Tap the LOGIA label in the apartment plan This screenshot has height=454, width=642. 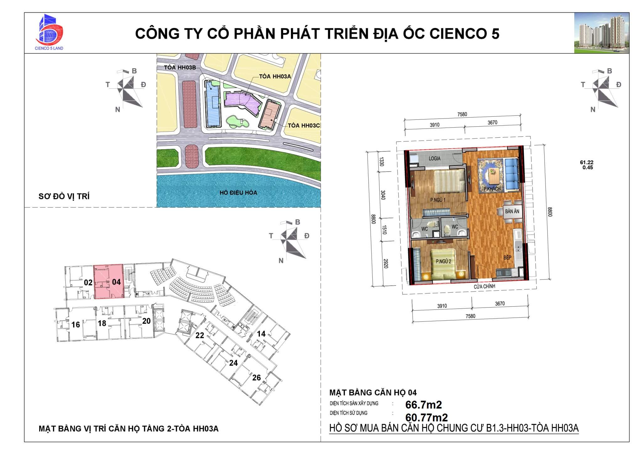point(434,158)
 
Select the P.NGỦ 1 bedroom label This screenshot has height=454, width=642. point(438,200)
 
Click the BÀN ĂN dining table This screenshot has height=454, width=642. point(512,211)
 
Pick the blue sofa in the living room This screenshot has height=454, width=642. point(511,174)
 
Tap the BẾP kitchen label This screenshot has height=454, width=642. point(508,257)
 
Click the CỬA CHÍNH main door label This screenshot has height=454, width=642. point(484,286)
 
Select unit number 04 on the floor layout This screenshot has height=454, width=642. point(116,282)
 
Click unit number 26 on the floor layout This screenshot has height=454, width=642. point(256,377)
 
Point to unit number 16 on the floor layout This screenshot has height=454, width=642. point(76,325)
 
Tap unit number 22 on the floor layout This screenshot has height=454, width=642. point(200,335)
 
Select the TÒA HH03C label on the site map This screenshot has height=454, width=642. point(303,126)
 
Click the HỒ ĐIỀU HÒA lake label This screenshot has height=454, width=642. point(238,193)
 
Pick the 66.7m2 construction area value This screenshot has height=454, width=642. point(424,405)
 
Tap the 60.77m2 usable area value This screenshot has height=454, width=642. point(426,417)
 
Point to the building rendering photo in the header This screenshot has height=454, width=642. point(602,33)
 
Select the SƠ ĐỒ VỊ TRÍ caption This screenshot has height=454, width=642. point(64,197)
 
